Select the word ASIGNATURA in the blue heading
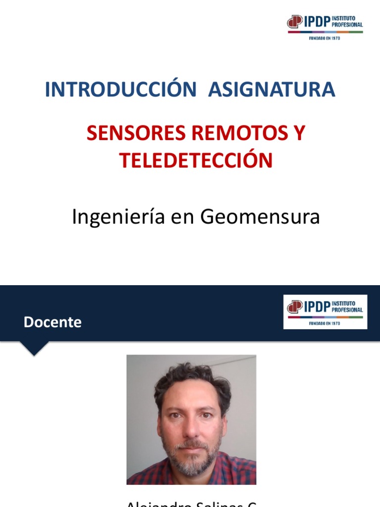point(272,90)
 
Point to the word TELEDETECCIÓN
point(196,160)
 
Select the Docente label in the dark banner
point(52,322)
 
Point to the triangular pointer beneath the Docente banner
point(34,349)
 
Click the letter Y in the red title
point(299,133)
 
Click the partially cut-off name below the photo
point(191,503)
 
